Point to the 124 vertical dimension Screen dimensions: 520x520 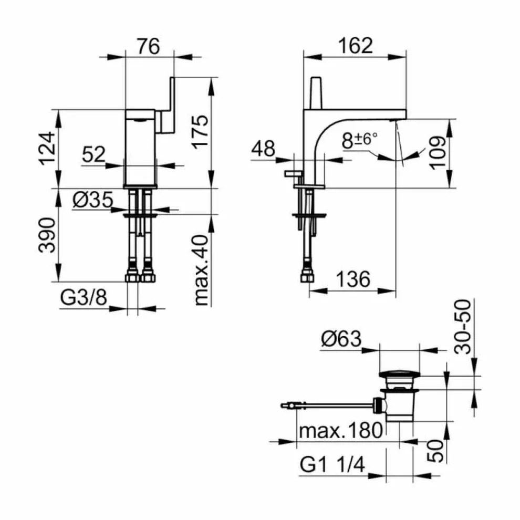48,149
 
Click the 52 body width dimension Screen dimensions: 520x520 94,154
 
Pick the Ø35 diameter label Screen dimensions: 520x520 92,200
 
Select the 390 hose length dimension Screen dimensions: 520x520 48,235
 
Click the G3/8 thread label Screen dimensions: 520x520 84,298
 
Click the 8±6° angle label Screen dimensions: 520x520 359,140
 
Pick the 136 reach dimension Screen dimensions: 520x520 352,279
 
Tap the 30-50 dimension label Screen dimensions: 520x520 463,326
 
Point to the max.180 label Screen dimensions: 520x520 340,431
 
